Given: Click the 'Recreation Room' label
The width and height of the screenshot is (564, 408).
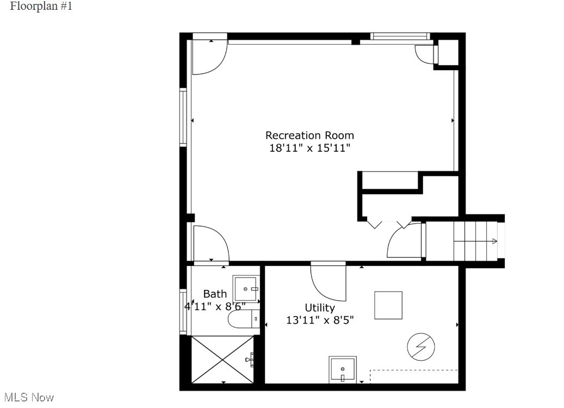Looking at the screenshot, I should pos(309,135).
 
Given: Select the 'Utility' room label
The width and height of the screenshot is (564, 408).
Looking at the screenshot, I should pos(319,308).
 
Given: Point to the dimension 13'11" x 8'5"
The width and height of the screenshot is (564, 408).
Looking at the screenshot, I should pos(320,320).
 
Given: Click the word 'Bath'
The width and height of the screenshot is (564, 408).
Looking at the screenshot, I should pos(215,294).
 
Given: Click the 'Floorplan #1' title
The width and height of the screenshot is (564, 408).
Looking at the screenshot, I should pos(41,7).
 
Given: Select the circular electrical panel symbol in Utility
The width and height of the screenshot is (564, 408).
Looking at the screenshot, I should pos(422,347).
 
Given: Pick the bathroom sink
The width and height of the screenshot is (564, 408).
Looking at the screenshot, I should pos(246,289).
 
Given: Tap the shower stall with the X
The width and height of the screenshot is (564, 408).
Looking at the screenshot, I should pos(222,360).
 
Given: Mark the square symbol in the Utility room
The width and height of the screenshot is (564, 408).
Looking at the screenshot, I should pos(388,305).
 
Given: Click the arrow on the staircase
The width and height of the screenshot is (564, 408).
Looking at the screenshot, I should pos(494,241).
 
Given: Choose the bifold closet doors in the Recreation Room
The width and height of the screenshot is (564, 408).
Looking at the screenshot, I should pos(388,223).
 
